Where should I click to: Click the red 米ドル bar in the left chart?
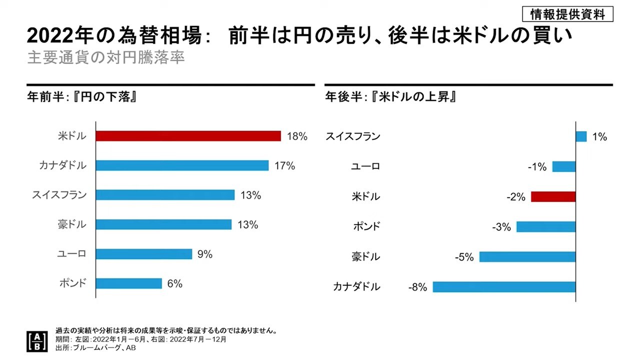pyautogui.click(x=188, y=136)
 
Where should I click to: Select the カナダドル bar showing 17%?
pyautogui.click(x=182, y=165)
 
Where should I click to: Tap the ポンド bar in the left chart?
pyautogui.click(x=128, y=283)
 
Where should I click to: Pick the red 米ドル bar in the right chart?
pyautogui.click(x=553, y=196)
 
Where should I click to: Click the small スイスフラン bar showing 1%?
pyautogui.click(x=581, y=136)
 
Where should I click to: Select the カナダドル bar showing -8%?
pyautogui.click(x=504, y=287)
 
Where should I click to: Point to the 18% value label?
pyautogui.click(x=297, y=136)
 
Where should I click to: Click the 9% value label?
pyautogui.click(x=205, y=254)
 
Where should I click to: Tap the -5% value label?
pyautogui.click(x=464, y=257)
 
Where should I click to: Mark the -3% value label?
pyautogui.click(x=501, y=227)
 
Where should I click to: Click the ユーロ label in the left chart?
pyautogui.click(x=71, y=254)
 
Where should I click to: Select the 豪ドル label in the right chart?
pyautogui.click(x=365, y=257)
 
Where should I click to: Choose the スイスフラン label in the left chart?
pyautogui.click(x=59, y=195)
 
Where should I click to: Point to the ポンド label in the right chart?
pyautogui.click(x=366, y=226)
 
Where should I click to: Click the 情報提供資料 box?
pyautogui.click(x=567, y=14)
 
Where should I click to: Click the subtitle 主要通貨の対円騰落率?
pyautogui.click(x=105, y=57)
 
